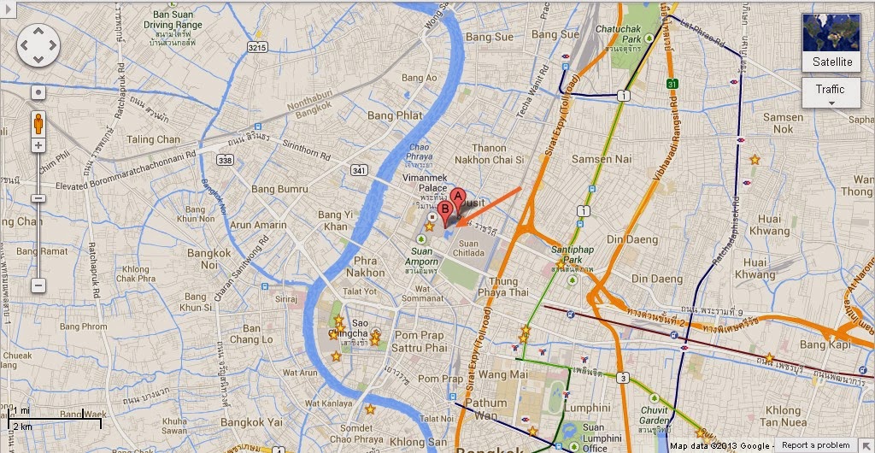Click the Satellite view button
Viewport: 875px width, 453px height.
click(831, 43)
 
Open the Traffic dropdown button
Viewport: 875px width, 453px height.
click(831, 93)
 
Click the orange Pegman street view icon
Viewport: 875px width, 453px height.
click(38, 123)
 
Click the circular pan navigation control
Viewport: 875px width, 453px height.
click(38, 44)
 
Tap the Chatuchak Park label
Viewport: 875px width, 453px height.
click(643, 33)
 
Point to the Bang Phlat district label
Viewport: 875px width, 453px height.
click(394, 115)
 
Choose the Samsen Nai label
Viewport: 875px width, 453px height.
click(601, 159)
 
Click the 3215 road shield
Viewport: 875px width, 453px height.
click(257, 49)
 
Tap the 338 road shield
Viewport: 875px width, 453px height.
click(225, 160)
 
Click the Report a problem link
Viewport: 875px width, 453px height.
click(815, 445)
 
